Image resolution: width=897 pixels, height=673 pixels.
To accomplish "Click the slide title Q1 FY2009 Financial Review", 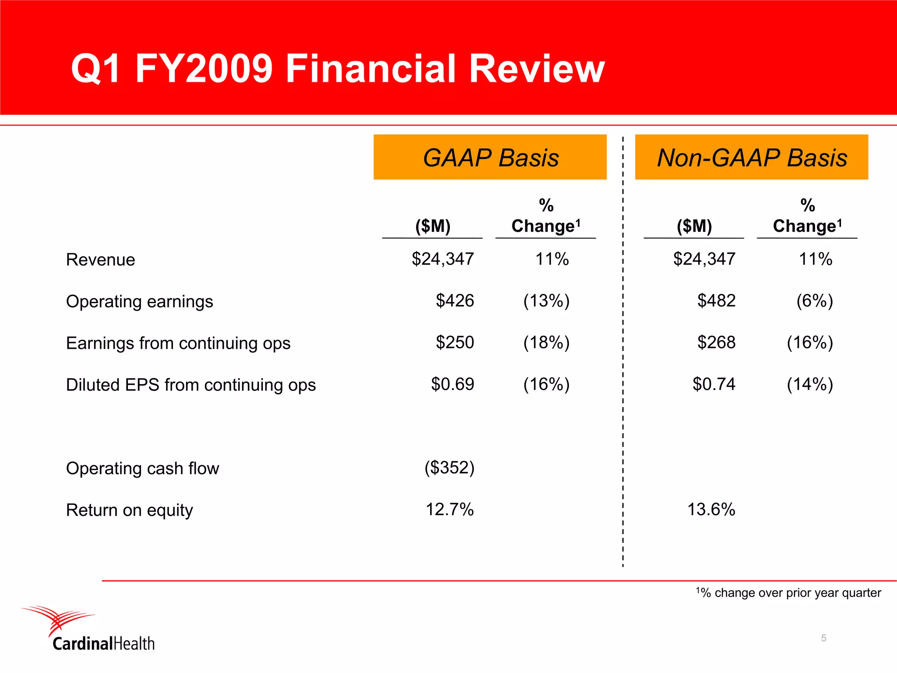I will (x=337, y=68).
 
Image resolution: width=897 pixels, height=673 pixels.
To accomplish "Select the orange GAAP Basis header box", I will (x=490, y=157).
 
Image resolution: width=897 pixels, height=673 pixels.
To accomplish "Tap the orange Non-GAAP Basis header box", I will (x=751, y=157).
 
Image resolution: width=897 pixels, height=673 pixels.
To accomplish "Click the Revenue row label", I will (x=100, y=260).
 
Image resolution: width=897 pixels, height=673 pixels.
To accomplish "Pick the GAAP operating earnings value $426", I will (x=455, y=301).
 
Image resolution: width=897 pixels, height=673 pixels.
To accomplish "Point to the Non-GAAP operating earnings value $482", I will (x=716, y=301).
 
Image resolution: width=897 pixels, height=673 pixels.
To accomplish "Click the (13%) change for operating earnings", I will (x=546, y=301).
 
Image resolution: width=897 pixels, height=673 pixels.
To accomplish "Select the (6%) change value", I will (x=814, y=301).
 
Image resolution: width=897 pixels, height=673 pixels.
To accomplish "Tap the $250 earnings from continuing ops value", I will (x=455, y=343).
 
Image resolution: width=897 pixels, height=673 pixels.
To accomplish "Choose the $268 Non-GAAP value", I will (x=716, y=343).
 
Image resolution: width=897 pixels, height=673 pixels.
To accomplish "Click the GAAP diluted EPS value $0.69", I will (x=452, y=384).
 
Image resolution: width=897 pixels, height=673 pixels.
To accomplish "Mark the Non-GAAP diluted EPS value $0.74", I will (x=713, y=384).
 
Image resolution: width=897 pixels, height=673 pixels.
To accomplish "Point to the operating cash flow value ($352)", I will (x=449, y=468).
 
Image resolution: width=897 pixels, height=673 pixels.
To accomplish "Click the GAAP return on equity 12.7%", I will (x=449, y=510).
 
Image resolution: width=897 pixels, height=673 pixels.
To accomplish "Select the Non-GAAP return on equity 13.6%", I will (x=711, y=510).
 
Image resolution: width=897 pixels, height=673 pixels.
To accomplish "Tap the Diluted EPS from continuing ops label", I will (x=191, y=385).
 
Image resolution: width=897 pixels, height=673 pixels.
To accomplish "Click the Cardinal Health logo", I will (x=88, y=629).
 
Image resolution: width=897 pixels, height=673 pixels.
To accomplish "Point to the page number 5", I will (x=823, y=638).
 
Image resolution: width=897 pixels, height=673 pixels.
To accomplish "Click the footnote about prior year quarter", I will (x=788, y=593).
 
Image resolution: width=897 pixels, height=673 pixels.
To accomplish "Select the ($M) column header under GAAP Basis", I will (x=433, y=226).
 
